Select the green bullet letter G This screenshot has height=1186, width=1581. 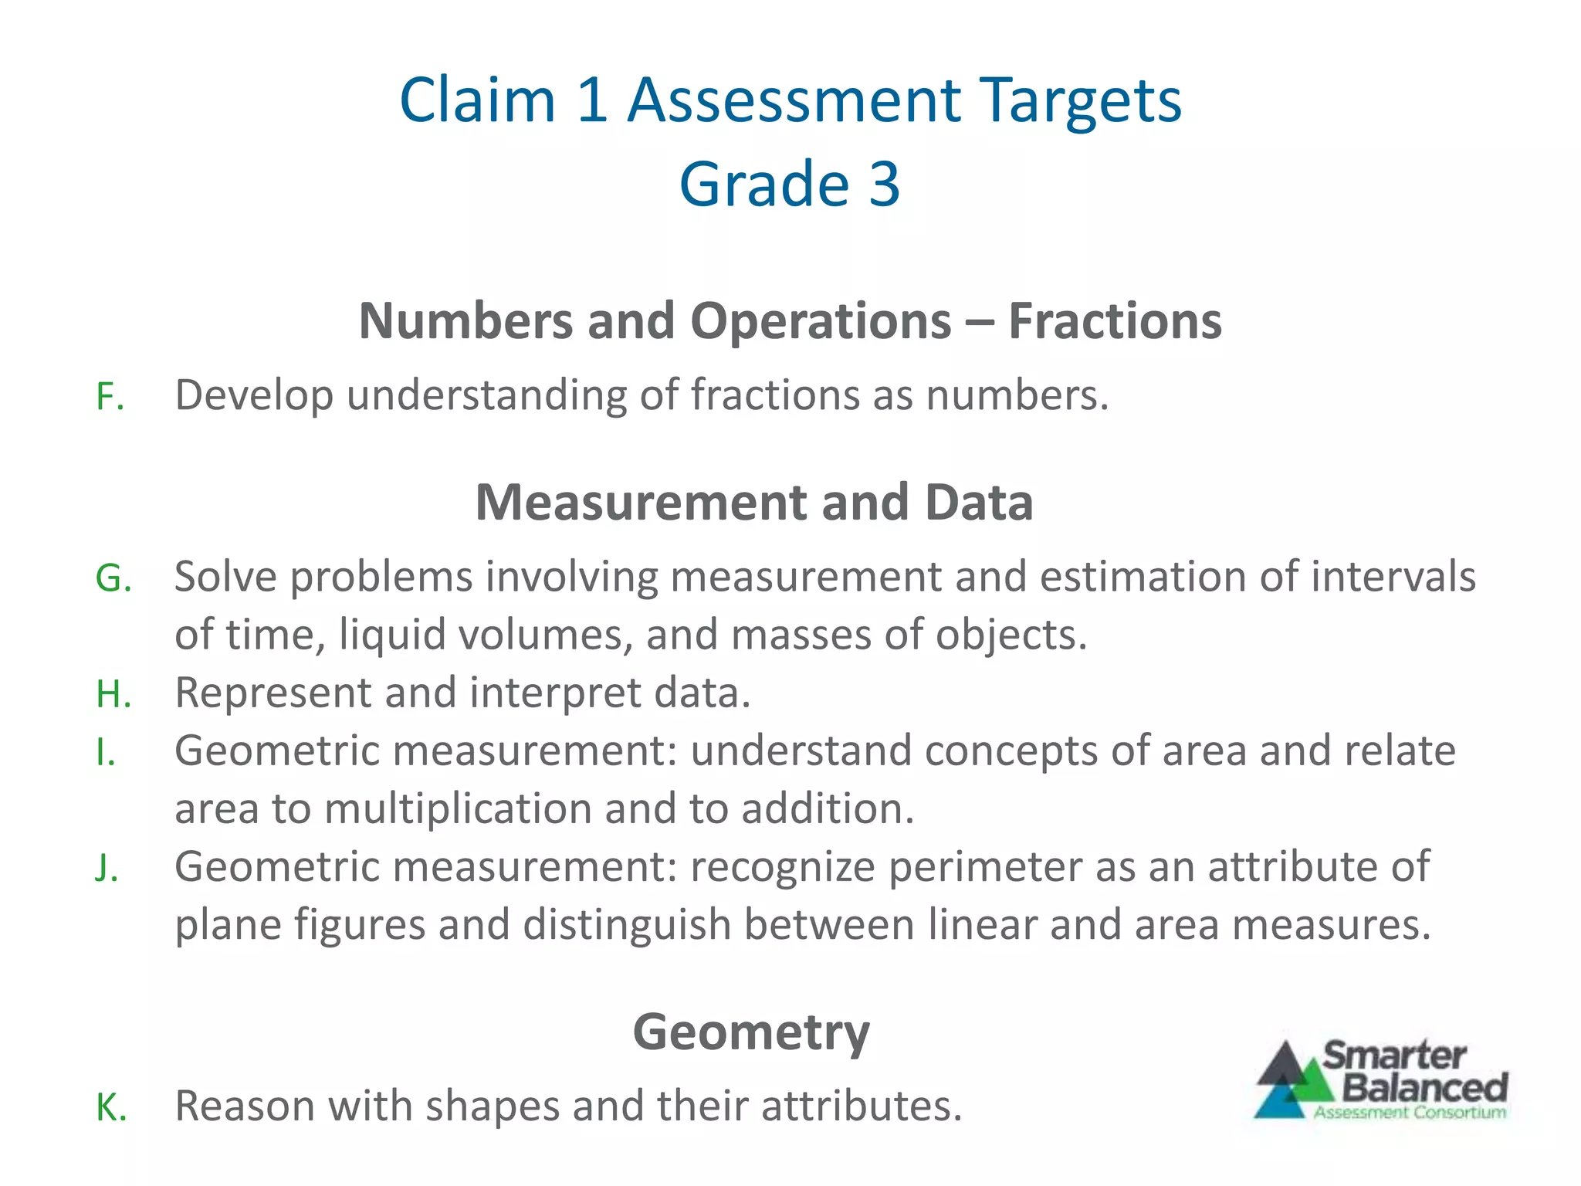(x=113, y=579)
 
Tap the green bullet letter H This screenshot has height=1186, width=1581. (x=113, y=694)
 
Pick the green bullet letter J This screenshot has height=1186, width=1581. (x=107, y=868)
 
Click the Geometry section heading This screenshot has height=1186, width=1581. (x=751, y=1032)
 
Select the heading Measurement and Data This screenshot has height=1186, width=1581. (x=754, y=503)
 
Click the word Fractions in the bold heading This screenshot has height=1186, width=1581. (x=1115, y=321)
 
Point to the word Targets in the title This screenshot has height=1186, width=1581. (x=1082, y=100)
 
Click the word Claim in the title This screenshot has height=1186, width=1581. (x=478, y=100)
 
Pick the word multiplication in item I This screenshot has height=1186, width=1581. (x=458, y=809)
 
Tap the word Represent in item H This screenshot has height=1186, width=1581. (x=273, y=694)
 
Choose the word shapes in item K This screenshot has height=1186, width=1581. (x=492, y=1106)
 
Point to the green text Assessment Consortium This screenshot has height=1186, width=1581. (x=1410, y=1113)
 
